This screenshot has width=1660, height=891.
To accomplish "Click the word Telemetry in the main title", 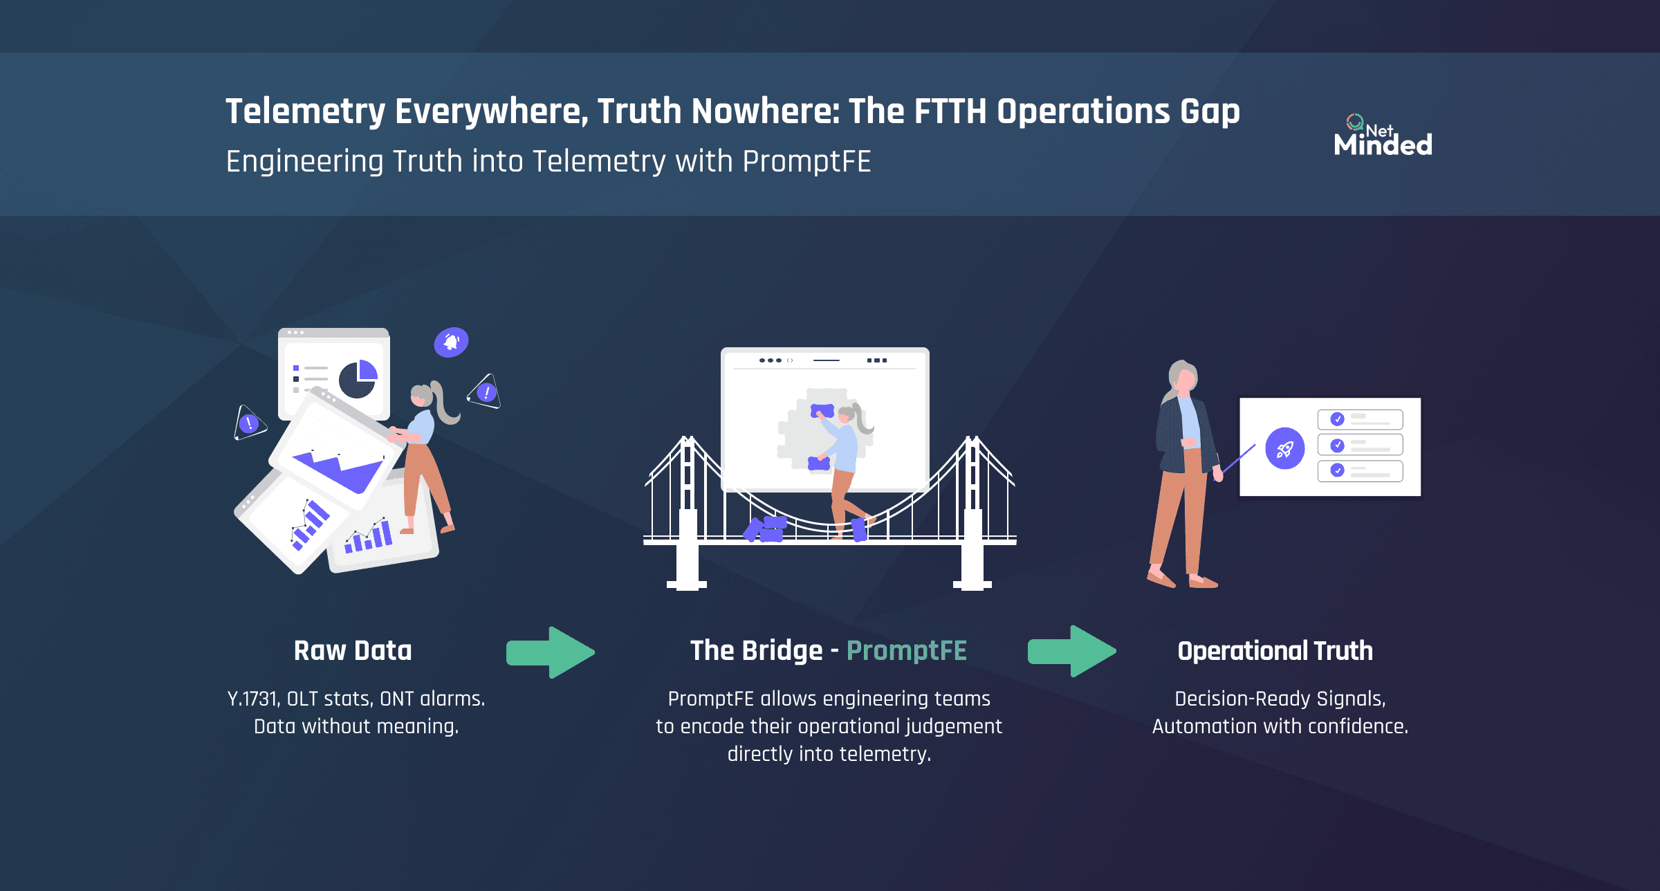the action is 305,111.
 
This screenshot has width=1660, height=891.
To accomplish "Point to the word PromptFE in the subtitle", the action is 806,162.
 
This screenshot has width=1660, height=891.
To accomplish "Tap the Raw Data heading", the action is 352,651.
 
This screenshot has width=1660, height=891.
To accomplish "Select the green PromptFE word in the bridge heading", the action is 906,651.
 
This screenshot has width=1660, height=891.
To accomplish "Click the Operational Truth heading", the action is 1275,651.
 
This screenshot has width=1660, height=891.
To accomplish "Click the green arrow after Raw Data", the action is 551,652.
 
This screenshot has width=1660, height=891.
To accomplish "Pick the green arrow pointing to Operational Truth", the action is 1071,651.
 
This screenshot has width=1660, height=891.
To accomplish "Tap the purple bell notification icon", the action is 451,342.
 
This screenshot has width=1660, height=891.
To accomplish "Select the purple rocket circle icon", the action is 1284,448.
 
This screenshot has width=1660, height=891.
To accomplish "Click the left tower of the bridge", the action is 688,512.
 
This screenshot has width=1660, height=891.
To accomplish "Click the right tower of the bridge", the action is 972,512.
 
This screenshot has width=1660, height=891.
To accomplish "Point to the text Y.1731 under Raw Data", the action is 252,699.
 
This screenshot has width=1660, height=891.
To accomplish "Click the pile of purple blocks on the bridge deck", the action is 765,529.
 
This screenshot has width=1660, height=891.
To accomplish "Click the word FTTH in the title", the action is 950,111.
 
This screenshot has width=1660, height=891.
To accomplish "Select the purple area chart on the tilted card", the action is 339,470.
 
